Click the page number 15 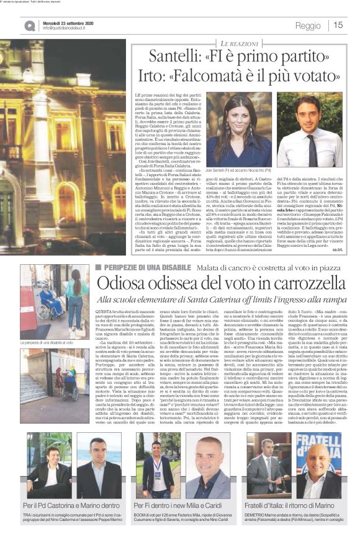(x=338, y=25)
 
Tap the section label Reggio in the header (x=308, y=25)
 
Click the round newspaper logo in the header (x=30, y=25)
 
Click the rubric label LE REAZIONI (x=239, y=42)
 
